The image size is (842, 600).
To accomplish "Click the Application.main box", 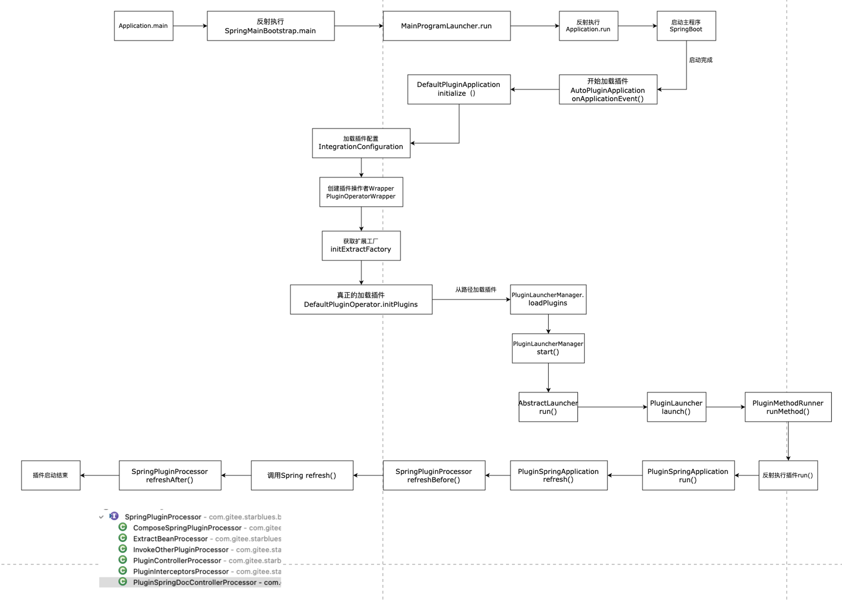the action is (144, 26).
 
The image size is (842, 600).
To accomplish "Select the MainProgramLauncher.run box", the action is (447, 26).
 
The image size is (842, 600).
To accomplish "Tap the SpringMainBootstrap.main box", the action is (271, 26).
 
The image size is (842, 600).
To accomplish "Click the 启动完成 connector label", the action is (701, 60).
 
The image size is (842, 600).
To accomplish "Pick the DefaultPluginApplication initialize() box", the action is (459, 89).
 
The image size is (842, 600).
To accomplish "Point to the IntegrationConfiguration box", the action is (361, 143).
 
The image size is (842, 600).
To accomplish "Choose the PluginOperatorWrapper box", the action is (361, 192).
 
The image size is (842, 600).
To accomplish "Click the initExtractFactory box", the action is (361, 246).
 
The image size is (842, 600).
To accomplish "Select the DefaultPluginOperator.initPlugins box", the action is (361, 300).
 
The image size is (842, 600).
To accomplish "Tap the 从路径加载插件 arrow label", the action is (476, 289).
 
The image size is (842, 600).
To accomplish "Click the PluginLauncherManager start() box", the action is (548, 348).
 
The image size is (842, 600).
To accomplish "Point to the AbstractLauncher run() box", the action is (548, 407).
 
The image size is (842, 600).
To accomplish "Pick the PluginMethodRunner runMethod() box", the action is (788, 407).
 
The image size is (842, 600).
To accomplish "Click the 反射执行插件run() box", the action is (788, 475).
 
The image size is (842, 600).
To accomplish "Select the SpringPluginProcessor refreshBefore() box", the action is (434, 475).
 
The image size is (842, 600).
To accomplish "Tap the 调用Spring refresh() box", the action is (302, 475).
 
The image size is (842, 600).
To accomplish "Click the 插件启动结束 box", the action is (51, 475).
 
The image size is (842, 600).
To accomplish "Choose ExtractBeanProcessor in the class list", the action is (171, 539).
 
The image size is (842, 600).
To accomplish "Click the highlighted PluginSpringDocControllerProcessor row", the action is (190, 582).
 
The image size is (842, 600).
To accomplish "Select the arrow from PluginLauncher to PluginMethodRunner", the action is (725, 407).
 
